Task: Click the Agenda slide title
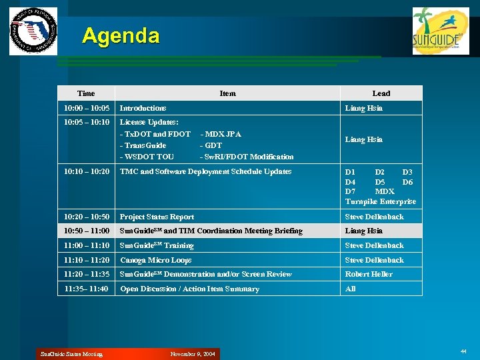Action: (121, 35)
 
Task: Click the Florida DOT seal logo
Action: (33, 31)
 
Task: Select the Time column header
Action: (86, 93)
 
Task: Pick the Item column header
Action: (227, 93)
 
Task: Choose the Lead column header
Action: (381, 93)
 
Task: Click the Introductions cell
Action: (143, 108)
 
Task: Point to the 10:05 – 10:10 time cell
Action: (86, 123)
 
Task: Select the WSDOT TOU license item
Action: (147, 157)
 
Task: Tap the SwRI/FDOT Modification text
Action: (247, 157)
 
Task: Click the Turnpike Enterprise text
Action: (380, 201)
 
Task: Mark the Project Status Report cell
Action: (157, 217)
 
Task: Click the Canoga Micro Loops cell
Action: (155, 260)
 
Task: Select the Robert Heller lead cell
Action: (369, 274)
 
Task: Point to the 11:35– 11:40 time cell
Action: (86, 289)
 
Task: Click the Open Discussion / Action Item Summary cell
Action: (189, 289)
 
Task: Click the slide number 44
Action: (463, 351)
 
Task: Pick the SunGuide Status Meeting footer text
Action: (71, 354)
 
